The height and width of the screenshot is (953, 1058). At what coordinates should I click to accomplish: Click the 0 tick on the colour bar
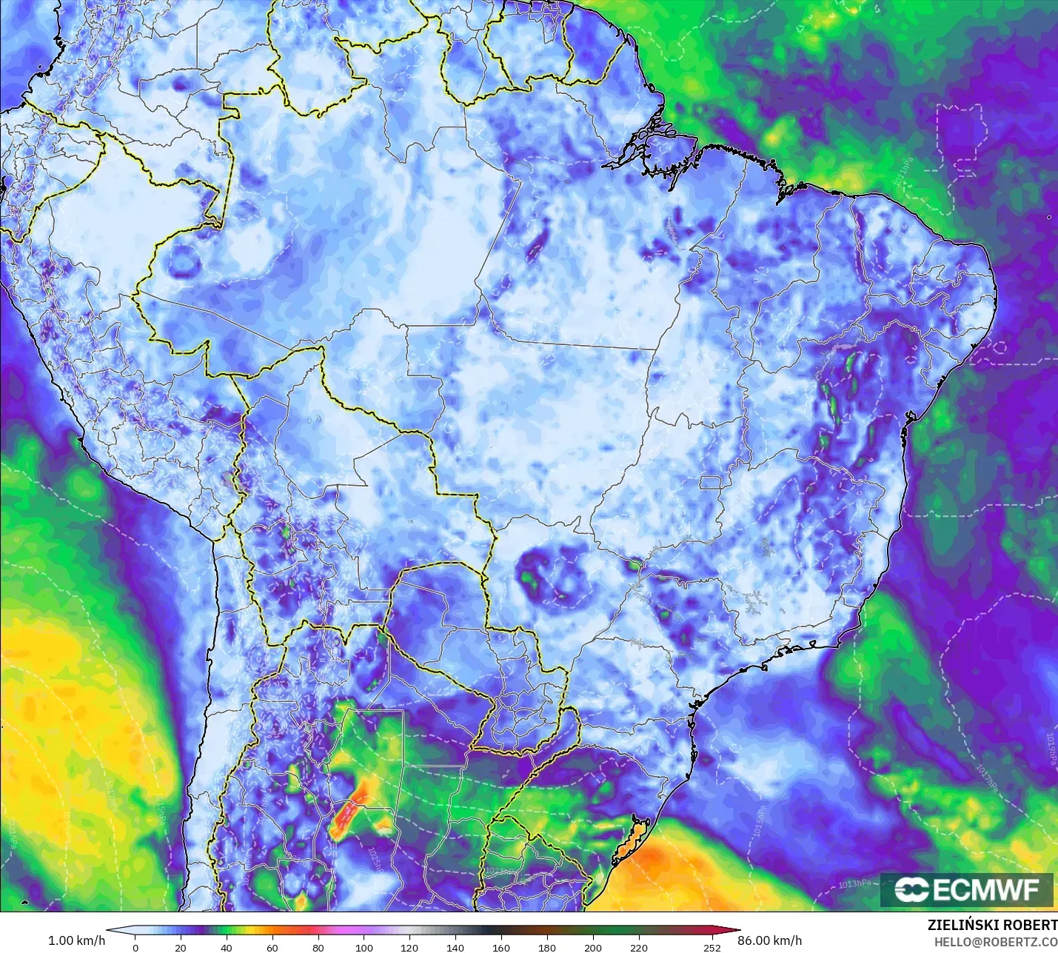(x=135, y=948)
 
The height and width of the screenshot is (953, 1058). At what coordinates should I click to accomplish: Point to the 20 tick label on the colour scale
(x=181, y=948)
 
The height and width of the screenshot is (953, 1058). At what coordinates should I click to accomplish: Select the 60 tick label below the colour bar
(x=272, y=948)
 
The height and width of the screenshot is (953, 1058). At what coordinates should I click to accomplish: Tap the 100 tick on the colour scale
(x=364, y=948)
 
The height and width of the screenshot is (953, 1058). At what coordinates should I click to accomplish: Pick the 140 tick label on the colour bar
(x=455, y=948)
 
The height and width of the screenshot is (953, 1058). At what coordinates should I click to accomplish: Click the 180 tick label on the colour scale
(x=547, y=948)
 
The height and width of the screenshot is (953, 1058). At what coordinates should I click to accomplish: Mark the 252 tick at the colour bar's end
(x=712, y=948)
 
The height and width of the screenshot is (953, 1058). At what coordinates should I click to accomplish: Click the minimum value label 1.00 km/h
(x=76, y=940)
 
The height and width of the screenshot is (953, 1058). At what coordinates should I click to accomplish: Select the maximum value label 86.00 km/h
(x=769, y=940)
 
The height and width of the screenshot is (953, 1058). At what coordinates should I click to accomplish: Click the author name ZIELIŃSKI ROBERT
(x=992, y=925)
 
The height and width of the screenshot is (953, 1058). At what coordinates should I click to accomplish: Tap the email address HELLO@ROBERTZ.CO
(x=995, y=942)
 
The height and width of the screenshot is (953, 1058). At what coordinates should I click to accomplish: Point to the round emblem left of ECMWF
(x=911, y=890)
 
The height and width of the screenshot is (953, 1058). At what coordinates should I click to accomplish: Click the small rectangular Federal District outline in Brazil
(x=711, y=483)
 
